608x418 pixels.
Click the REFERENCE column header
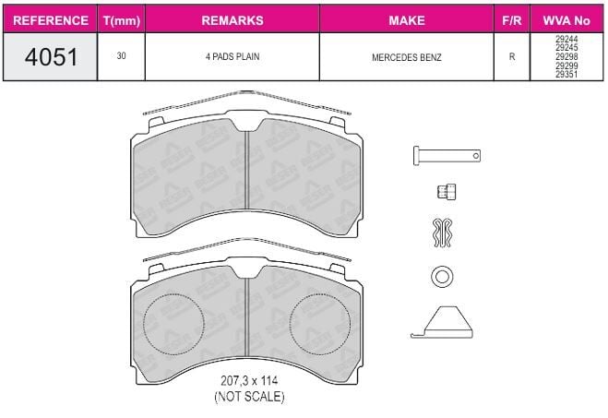pyautogui.click(x=51, y=20)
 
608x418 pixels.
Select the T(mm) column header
pyautogui.click(x=122, y=20)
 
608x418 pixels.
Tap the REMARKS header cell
pyautogui.click(x=232, y=20)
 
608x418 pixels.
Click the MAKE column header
pyautogui.click(x=407, y=20)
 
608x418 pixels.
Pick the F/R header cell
pyautogui.click(x=512, y=20)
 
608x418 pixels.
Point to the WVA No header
pyautogui.click(x=566, y=20)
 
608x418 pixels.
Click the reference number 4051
pyautogui.click(x=51, y=56)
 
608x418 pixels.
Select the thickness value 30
pyautogui.click(x=122, y=56)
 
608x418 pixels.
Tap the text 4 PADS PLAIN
pyautogui.click(x=232, y=56)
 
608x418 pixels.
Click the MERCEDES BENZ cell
pyautogui.click(x=406, y=57)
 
